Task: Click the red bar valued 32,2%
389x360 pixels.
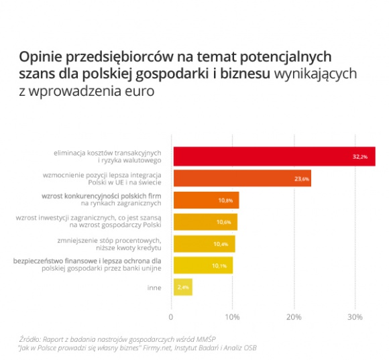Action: coord(274,156)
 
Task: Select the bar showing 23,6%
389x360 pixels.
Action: coord(242,178)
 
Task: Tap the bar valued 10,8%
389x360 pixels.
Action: coord(206,200)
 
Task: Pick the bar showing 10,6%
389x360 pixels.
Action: coord(205,222)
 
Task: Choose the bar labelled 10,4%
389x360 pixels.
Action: coord(204,243)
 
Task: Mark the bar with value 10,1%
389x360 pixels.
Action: coord(203,265)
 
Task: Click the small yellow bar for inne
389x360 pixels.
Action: coord(182,287)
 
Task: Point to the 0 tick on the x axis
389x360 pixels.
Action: coord(172,317)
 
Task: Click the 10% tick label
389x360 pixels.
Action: coord(232,317)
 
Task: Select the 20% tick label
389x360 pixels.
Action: coord(293,317)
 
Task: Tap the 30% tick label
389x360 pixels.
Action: coord(355,317)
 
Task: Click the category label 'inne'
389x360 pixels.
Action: coord(154,287)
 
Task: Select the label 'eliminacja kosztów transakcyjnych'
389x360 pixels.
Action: coord(108,152)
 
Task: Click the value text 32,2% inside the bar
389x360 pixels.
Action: coord(360,156)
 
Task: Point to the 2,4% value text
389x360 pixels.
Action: coord(182,287)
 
